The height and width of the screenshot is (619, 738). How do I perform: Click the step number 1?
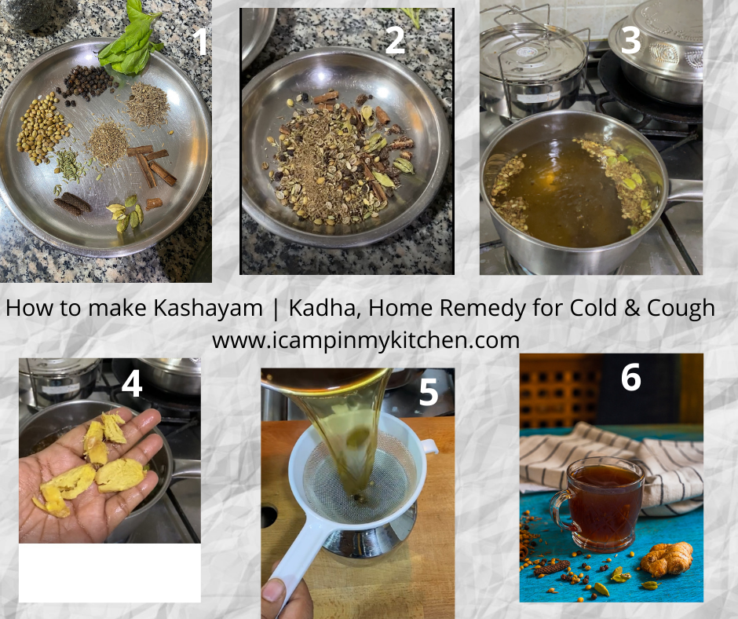coord(201,42)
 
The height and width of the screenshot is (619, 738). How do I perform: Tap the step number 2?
coord(395,41)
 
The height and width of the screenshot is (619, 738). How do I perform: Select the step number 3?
coord(630,40)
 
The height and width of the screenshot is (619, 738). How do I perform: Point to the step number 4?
coord(132,384)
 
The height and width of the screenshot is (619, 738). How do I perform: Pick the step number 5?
coord(429,393)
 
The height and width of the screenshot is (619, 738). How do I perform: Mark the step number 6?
coord(630,377)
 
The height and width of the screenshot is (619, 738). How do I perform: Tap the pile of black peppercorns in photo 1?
coord(87,84)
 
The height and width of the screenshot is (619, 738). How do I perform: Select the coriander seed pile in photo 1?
coord(42,128)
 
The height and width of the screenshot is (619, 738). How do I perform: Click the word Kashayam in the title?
coord(208,309)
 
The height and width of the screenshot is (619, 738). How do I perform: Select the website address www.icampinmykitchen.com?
coord(366,340)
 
